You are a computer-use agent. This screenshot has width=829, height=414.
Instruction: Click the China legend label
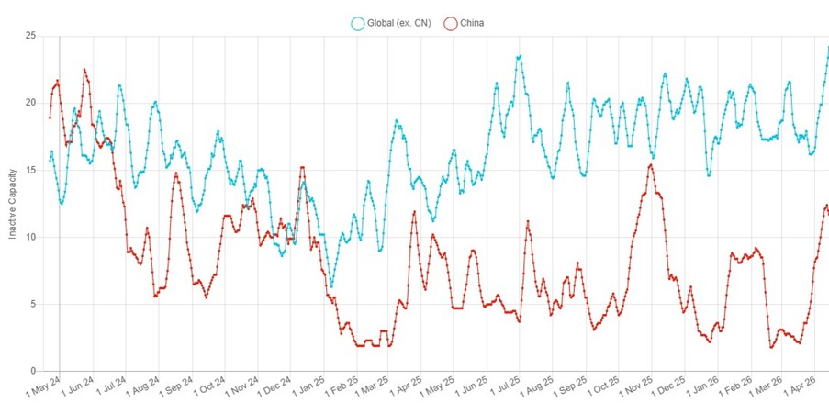click(472, 23)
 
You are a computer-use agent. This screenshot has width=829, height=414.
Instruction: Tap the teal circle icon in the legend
click(357, 23)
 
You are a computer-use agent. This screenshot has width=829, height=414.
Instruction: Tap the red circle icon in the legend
click(451, 23)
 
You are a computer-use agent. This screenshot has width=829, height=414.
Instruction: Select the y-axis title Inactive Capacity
click(13, 204)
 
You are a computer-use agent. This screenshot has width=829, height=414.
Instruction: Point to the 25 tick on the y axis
click(30, 36)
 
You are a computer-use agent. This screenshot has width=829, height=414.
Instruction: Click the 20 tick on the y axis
click(30, 103)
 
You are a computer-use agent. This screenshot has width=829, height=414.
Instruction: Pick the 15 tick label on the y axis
click(30, 170)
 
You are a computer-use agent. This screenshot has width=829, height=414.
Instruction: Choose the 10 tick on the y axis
click(30, 237)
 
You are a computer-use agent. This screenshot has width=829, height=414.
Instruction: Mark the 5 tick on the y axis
click(32, 304)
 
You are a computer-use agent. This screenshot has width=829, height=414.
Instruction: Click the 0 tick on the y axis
click(32, 371)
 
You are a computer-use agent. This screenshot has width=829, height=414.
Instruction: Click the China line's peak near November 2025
click(651, 165)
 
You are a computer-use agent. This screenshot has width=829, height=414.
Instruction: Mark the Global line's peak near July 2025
click(520, 56)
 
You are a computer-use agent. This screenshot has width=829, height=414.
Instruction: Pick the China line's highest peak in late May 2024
click(84, 69)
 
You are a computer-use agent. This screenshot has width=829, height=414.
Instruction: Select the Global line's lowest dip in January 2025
click(331, 286)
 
